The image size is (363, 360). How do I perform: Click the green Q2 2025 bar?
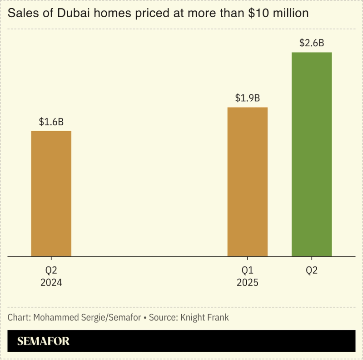point(311,154)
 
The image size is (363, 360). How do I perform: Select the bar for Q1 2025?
point(247,182)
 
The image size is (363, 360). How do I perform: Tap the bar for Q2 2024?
point(51,193)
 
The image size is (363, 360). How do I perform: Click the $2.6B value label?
point(311,43)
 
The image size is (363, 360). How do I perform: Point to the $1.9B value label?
point(247,98)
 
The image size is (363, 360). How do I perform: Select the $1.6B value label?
point(51,122)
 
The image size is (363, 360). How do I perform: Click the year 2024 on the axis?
point(51,282)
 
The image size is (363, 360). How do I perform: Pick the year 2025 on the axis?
point(247,282)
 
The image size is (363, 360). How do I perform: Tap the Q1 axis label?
point(247,271)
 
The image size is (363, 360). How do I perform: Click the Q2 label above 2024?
point(51,271)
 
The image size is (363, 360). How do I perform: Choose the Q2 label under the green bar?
point(311,271)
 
